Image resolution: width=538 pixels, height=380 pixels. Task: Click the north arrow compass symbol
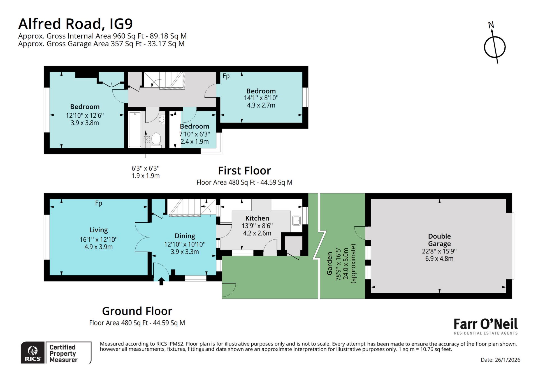click(495, 46)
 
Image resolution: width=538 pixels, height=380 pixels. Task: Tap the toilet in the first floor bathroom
click(156, 139)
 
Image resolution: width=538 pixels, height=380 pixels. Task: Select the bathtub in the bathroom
click(135, 129)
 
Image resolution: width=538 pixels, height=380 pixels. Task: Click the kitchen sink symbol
click(296, 221)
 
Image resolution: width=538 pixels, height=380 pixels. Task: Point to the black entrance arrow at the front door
click(161, 281)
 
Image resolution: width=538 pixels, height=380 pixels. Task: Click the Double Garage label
click(439, 240)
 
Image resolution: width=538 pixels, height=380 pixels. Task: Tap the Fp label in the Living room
click(98, 203)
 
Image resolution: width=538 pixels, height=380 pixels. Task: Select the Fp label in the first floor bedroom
click(226, 76)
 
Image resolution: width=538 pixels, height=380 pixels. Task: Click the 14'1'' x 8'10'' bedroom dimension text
click(261, 98)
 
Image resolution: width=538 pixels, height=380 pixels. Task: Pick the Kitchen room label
click(257, 218)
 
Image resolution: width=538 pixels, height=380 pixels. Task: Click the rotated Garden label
click(330, 263)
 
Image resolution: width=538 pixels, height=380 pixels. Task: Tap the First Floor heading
click(244, 171)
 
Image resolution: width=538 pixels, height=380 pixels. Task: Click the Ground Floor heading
click(137, 311)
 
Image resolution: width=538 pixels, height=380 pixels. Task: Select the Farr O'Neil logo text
click(485, 324)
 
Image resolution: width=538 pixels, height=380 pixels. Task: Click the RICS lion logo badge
click(33, 353)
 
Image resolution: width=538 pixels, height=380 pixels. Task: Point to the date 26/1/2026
click(500, 360)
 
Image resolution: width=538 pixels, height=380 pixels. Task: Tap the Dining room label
click(185, 236)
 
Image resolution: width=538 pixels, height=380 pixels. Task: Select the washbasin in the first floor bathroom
click(162, 120)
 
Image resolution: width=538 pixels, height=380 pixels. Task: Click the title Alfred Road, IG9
click(75, 24)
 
